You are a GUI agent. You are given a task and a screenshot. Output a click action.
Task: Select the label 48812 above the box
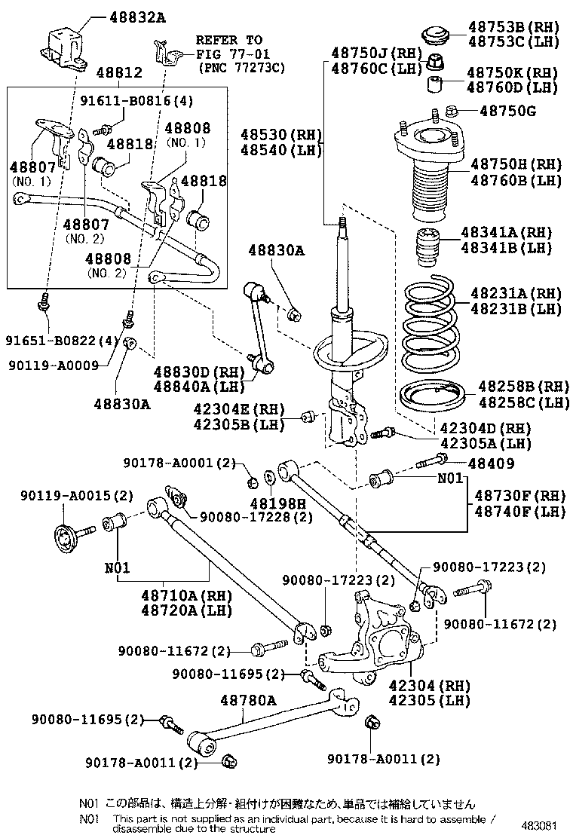pyautogui.click(x=119, y=72)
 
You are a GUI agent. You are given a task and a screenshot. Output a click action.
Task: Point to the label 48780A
pyautogui.click(x=248, y=701)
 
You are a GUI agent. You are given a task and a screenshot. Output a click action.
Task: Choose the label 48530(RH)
pyautogui.click(x=281, y=135)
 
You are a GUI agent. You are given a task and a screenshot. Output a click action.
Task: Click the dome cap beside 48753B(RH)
pyautogui.click(x=433, y=35)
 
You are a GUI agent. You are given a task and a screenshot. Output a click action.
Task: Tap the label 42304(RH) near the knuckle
pyautogui.click(x=430, y=686)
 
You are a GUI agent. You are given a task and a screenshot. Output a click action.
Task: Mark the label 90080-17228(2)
pyautogui.click(x=256, y=517)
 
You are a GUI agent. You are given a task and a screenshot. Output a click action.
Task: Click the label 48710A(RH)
pyautogui.click(x=176, y=594)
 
